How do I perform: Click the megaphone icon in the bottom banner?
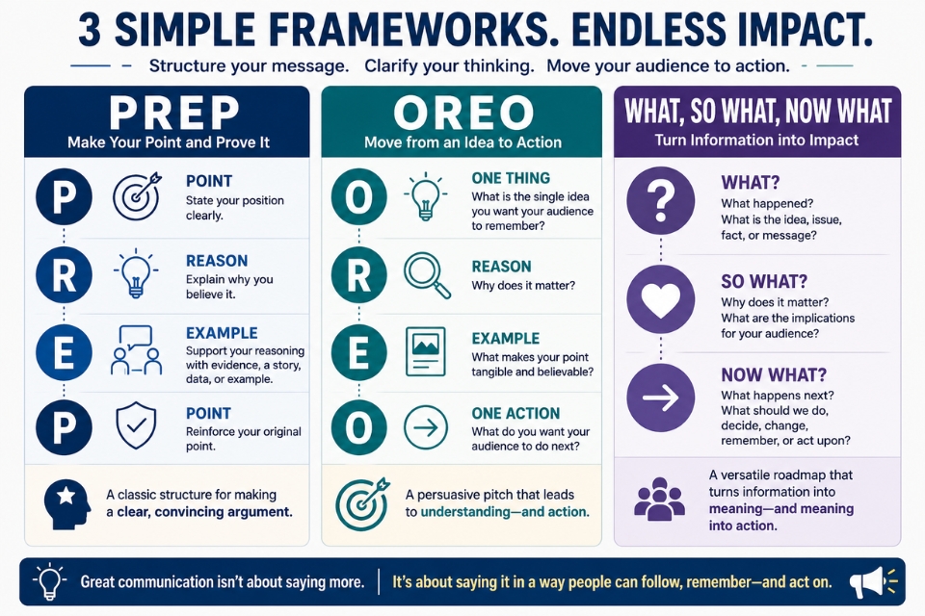click(873, 581)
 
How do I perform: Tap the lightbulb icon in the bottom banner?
click(49, 581)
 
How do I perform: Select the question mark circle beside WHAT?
click(661, 200)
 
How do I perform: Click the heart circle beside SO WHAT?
click(661, 299)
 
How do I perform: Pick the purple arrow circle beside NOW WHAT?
click(661, 398)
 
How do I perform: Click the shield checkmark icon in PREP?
click(136, 425)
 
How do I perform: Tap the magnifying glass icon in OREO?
click(427, 274)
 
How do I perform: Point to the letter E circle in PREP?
click(64, 352)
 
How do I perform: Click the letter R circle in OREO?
click(358, 274)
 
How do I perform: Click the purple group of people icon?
click(659, 499)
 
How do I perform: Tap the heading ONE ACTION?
click(515, 413)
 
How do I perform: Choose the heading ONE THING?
click(511, 178)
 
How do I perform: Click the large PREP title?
click(174, 113)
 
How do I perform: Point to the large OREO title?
click(463, 112)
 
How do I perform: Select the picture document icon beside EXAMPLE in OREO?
click(425, 352)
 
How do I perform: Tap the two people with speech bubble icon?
click(136, 350)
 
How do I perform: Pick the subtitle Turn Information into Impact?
click(757, 141)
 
